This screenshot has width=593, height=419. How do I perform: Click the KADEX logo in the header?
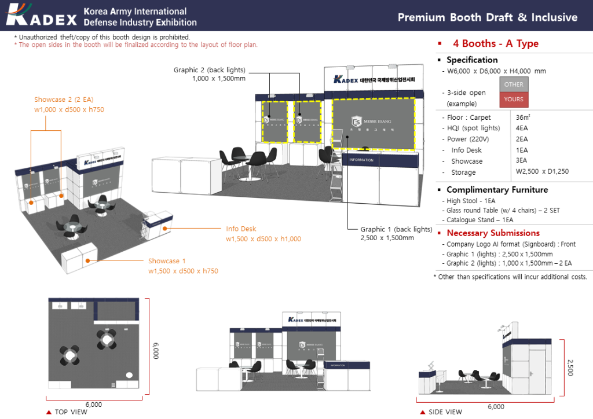(x=42, y=16)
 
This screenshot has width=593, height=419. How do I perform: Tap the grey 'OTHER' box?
(x=513, y=84)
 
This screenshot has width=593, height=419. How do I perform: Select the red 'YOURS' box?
(x=513, y=99)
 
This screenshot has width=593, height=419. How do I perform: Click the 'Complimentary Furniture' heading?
(x=497, y=190)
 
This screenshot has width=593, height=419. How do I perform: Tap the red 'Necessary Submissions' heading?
(x=493, y=233)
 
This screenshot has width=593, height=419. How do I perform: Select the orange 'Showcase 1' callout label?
(x=167, y=261)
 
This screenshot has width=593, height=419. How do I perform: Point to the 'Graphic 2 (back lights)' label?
(x=210, y=70)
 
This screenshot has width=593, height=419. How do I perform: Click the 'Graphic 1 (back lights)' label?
(x=396, y=229)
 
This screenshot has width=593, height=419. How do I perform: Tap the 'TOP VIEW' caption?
(x=71, y=412)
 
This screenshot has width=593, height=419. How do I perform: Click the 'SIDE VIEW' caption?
(x=445, y=412)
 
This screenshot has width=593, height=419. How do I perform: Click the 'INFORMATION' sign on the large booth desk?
(x=361, y=160)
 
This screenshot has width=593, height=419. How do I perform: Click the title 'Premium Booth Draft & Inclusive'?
(x=487, y=17)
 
